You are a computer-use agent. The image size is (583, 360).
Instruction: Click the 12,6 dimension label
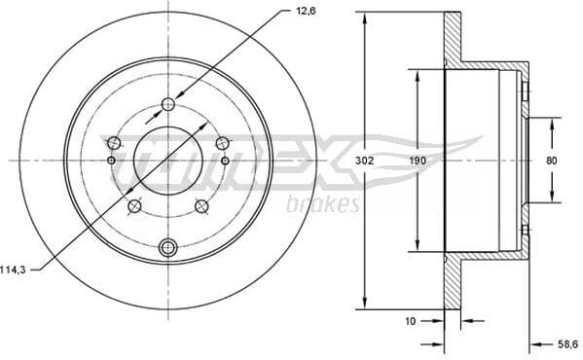(x=279, y=13)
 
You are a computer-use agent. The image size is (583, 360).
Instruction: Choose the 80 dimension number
(x=551, y=160)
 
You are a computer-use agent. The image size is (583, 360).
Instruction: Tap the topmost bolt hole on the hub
(x=168, y=104)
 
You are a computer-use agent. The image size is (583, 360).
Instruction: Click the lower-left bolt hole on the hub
(x=134, y=205)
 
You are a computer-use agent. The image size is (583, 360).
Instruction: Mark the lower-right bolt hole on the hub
(x=201, y=205)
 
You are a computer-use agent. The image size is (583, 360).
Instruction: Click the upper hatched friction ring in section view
(x=451, y=39)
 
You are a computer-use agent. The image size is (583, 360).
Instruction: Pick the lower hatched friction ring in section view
(x=451, y=282)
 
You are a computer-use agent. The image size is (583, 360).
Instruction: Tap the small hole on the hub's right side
(x=225, y=160)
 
